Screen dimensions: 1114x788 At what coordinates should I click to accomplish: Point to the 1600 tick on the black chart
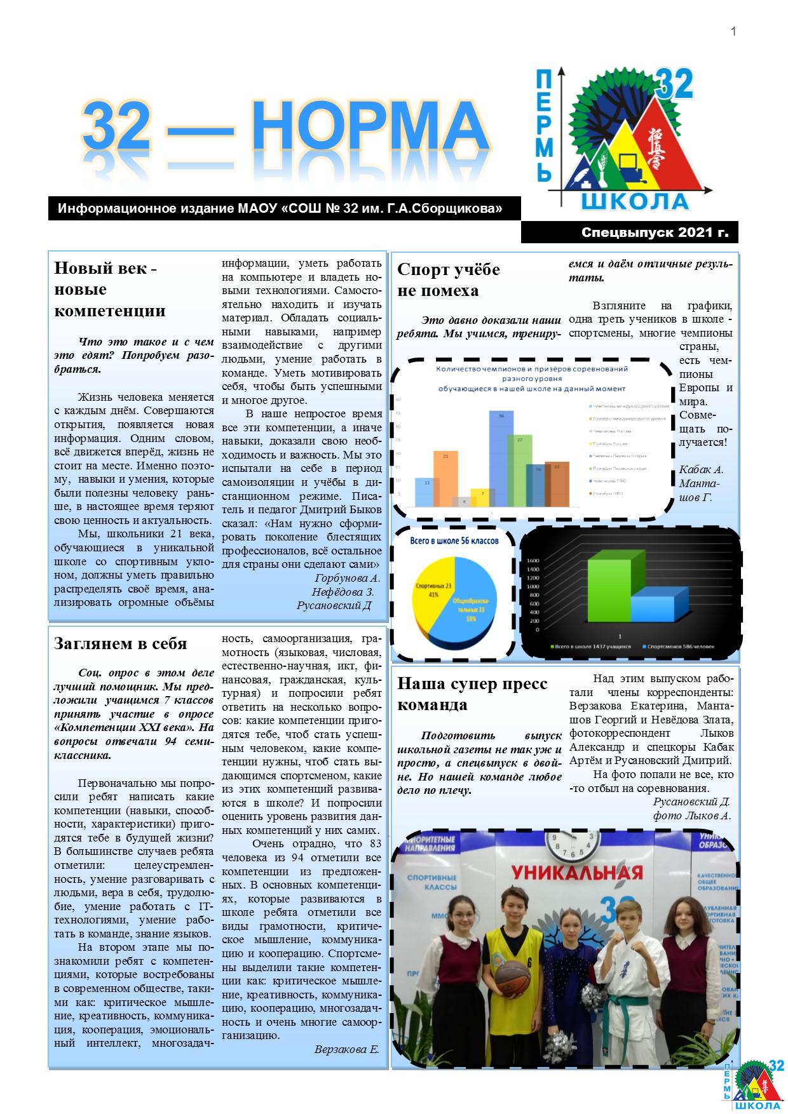click(x=533, y=561)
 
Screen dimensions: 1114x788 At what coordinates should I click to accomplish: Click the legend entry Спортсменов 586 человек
click(x=678, y=647)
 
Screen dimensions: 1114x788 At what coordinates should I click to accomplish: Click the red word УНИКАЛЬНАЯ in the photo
click(x=576, y=871)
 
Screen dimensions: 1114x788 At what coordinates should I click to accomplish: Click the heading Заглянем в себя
click(x=120, y=643)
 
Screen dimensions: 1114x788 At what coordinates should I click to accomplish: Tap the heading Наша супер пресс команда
click(x=472, y=694)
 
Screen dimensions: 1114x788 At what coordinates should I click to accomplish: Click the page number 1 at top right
click(x=733, y=31)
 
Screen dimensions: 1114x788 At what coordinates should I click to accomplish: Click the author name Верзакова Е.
click(x=346, y=1050)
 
